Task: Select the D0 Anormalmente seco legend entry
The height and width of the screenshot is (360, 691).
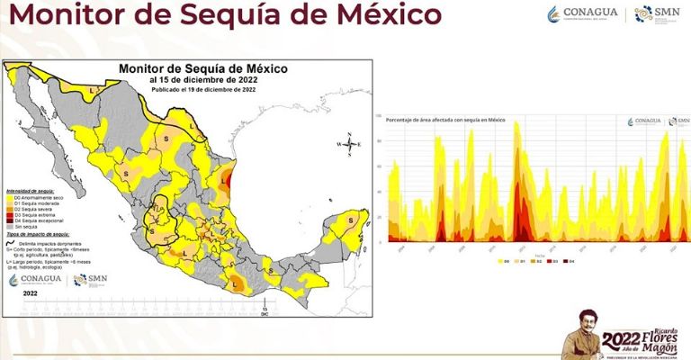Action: tap(33, 196)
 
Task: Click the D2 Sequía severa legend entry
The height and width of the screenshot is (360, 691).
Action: tap(33, 209)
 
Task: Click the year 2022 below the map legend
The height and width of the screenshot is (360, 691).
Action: tap(30, 293)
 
